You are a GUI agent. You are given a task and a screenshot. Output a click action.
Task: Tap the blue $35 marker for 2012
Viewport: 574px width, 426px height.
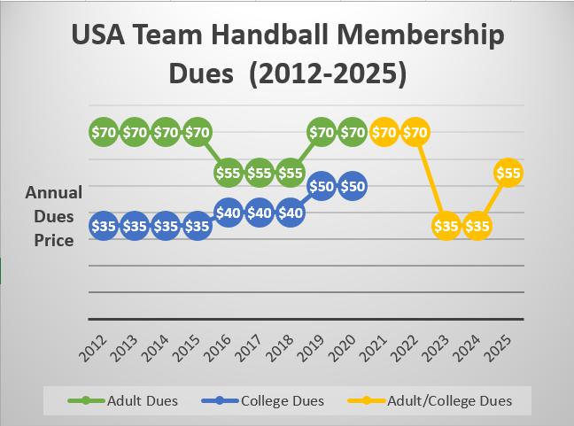(x=104, y=226)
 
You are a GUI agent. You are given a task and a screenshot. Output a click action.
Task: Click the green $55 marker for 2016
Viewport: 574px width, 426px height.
(x=228, y=173)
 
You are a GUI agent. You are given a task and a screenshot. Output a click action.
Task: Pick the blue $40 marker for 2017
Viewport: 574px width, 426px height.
(x=259, y=213)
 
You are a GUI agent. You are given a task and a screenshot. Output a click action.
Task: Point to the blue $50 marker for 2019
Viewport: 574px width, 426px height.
(x=322, y=186)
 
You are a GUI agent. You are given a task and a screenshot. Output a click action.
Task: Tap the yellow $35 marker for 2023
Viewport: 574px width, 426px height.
(x=446, y=226)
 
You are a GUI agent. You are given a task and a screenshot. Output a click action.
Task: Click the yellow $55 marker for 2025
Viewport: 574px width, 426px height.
(x=508, y=173)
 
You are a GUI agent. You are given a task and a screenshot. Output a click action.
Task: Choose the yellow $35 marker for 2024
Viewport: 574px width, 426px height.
(x=477, y=226)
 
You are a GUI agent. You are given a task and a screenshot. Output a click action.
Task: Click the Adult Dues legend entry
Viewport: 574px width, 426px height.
(x=123, y=400)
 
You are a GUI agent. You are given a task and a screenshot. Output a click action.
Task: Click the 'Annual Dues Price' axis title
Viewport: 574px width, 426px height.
(x=53, y=215)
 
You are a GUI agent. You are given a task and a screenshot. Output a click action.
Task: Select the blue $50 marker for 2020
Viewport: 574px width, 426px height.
(x=353, y=186)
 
